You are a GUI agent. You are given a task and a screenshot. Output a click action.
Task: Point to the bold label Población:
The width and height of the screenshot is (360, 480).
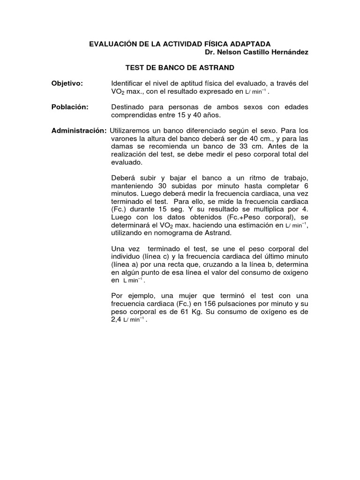click(x=70, y=107)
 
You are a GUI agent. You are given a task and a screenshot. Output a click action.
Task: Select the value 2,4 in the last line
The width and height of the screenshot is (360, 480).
click(x=117, y=320)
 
